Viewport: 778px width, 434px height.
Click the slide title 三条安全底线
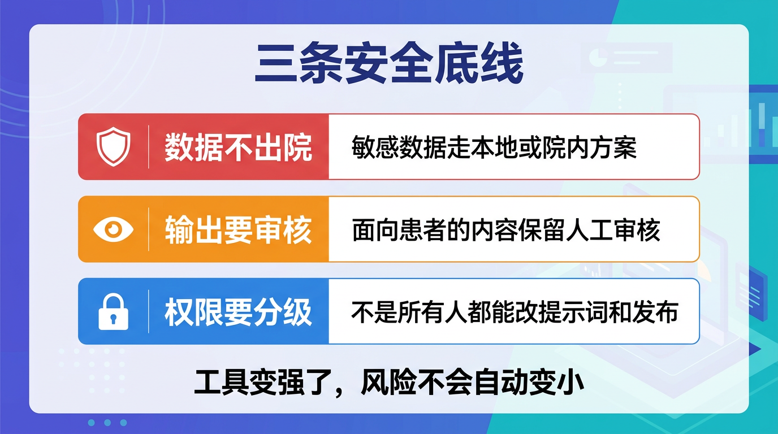point(389,66)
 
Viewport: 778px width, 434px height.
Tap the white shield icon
point(113,147)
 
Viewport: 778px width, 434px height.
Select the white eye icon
point(113,229)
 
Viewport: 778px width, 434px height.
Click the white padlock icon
point(113,311)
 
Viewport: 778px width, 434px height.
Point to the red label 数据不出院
point(238,147)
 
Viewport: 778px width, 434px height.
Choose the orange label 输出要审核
point(238,230)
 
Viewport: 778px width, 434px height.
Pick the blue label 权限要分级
point(238,312)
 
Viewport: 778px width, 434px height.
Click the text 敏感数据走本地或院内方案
point(494,147)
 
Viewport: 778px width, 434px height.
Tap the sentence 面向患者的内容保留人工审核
point(506,230)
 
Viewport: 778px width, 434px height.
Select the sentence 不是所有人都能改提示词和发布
point(515,312)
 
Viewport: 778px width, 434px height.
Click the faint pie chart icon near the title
point(598,57)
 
